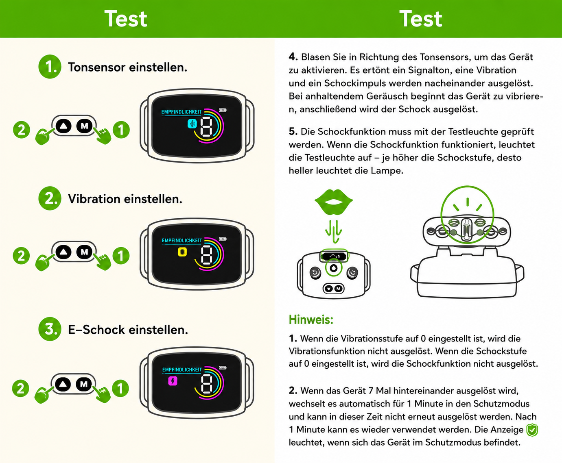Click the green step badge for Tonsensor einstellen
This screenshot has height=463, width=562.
[50, 67]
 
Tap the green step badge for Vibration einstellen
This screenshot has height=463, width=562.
[50, 198]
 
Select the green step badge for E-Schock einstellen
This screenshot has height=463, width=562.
[50, 329]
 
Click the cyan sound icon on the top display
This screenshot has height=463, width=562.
[192, 124]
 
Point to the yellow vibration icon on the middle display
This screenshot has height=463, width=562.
[182, 252]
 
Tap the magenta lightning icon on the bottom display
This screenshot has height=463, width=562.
[173, 381]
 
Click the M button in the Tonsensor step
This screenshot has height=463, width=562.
[84, 126]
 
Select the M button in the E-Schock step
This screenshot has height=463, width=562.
[84, 384]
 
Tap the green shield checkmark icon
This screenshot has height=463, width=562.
[532, 430]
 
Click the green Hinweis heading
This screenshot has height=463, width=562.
[311, 320]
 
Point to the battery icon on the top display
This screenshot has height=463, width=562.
[223, 110]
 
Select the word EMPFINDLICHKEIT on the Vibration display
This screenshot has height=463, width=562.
[182, 240]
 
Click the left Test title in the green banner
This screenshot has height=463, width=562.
[126, 19]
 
